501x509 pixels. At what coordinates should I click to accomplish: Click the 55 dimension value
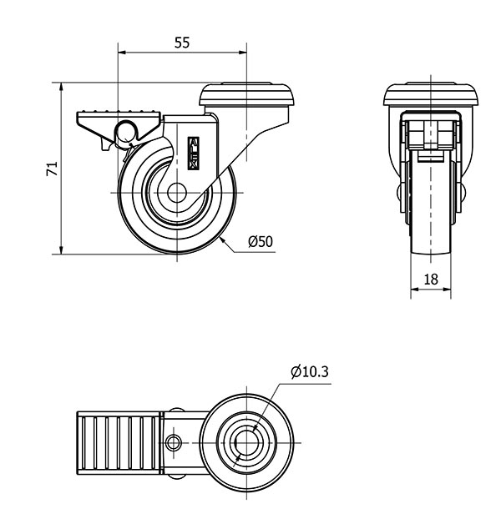point(182,44)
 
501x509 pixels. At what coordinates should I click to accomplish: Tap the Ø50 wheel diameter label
point(261,242)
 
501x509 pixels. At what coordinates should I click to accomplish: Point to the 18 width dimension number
point(431,280)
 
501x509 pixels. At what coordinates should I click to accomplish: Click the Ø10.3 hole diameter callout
point(309,371)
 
